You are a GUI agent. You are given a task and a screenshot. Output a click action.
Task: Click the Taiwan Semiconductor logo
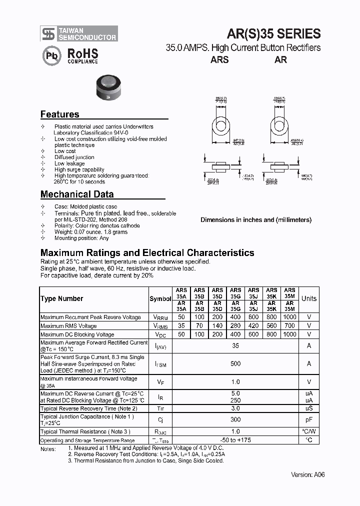click(79, 33)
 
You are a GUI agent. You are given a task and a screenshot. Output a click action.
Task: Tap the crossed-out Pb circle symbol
click(51, 56)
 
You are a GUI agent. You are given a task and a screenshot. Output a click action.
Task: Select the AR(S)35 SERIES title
click(273, 33)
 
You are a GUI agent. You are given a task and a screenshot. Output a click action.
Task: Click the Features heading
click(59, 114)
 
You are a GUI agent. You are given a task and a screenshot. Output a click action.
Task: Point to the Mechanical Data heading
click(77, 194)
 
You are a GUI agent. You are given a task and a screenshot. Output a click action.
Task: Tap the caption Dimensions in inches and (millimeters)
click(255, 220)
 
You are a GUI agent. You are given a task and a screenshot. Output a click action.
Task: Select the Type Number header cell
click(62, 299)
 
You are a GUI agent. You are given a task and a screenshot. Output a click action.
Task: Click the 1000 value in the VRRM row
click(289, 317)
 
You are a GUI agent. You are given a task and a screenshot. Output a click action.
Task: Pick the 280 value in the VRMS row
click(235, 326)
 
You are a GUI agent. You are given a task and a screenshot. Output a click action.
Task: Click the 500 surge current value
click(235, 363)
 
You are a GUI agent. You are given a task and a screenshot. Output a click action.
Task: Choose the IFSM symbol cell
click(160, 364)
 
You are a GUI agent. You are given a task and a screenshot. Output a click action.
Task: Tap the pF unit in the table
click(308, 419)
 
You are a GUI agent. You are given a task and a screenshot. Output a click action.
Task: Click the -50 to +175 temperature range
click(235, 440)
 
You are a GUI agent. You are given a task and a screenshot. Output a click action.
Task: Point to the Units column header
click(308, 299)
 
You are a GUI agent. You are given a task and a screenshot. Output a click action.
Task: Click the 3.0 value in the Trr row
click(235, 408)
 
